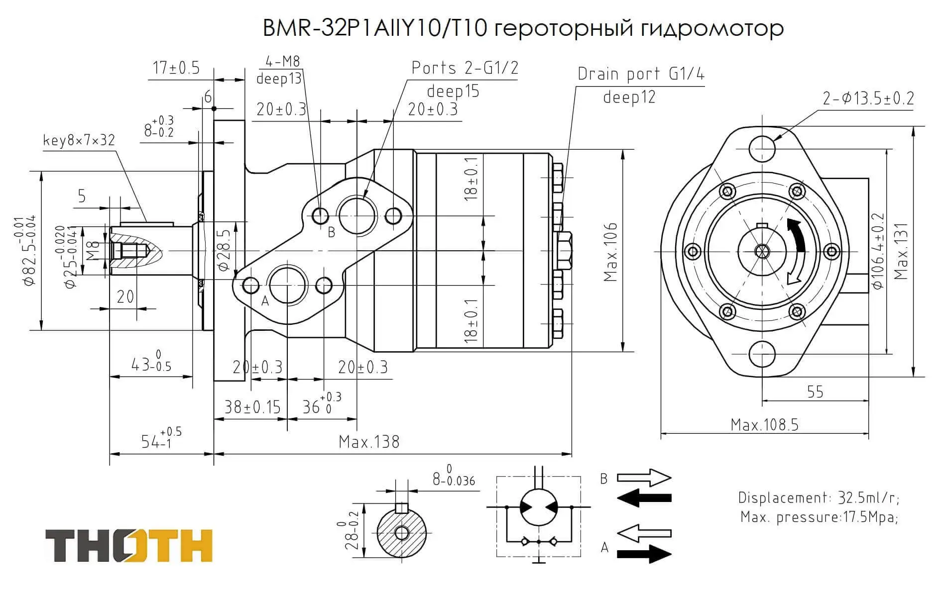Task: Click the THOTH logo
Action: (129, 546)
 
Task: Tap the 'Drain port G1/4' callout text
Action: (641, 74)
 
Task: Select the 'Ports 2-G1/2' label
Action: (465, 68)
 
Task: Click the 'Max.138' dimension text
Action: (369, 442)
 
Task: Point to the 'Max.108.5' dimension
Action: (764, 425)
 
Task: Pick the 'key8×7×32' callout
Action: (79, 140)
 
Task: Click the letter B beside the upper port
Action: (332, 232)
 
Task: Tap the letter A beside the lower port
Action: (265, 300)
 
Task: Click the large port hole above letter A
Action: (288, 285)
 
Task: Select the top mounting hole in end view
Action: (762, 148)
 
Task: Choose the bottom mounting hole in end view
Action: (762, 354)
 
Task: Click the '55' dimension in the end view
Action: (815, 392)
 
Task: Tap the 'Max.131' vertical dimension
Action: (901, 251)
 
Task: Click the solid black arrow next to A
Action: (644, 553)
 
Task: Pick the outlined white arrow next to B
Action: (644, 478)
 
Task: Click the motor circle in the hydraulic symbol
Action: (538, 507)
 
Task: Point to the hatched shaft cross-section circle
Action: (401, 533)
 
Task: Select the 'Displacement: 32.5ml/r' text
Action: (819, 497)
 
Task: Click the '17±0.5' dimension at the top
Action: (176, 68)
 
